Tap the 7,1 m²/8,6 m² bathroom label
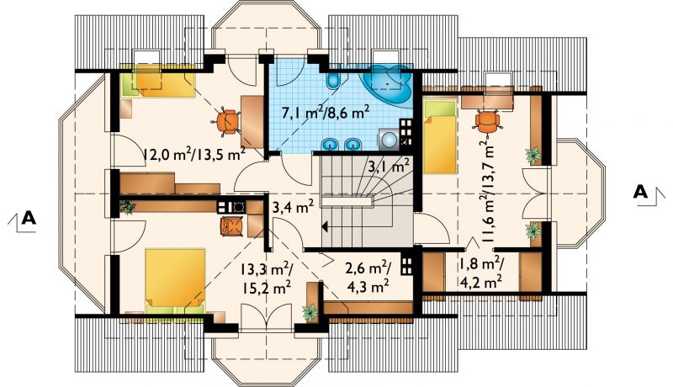[326, 113]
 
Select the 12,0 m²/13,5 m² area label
[193, 154]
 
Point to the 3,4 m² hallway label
[293, 209]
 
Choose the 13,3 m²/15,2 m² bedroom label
[266, 278]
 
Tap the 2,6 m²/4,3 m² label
[368, 277]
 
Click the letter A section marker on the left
[29, 218]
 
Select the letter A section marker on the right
[640, 192]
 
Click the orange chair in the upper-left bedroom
[225, 123]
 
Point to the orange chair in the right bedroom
[488, 122]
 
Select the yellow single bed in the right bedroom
[439, 136]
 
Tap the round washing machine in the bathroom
[389, 140]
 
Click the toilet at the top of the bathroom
[333, 80]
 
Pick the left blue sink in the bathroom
[331, 144]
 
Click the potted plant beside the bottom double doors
[310, 313]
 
